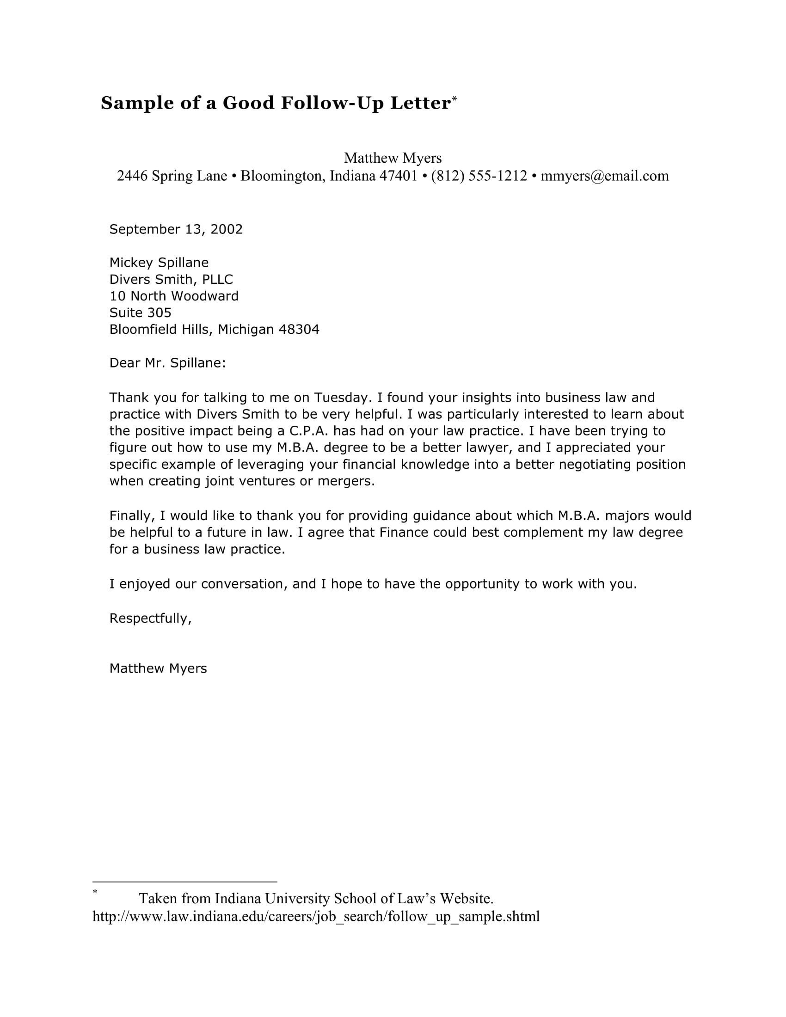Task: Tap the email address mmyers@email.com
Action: (604, 176)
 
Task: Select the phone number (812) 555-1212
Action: (479, 176)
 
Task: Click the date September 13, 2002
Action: (176, 229)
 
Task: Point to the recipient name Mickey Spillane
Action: (159, 263)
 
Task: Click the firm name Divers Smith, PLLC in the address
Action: (171, 279)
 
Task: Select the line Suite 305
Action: (140, 312)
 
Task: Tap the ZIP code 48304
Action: (299, 330)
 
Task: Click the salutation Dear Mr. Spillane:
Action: (167, 363)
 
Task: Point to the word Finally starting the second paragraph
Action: (132, 516)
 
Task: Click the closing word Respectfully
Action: (150, 619)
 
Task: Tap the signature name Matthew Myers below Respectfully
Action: (158, 669)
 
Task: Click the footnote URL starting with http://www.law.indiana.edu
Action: (316, 916)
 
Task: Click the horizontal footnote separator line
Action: (184, 882)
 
